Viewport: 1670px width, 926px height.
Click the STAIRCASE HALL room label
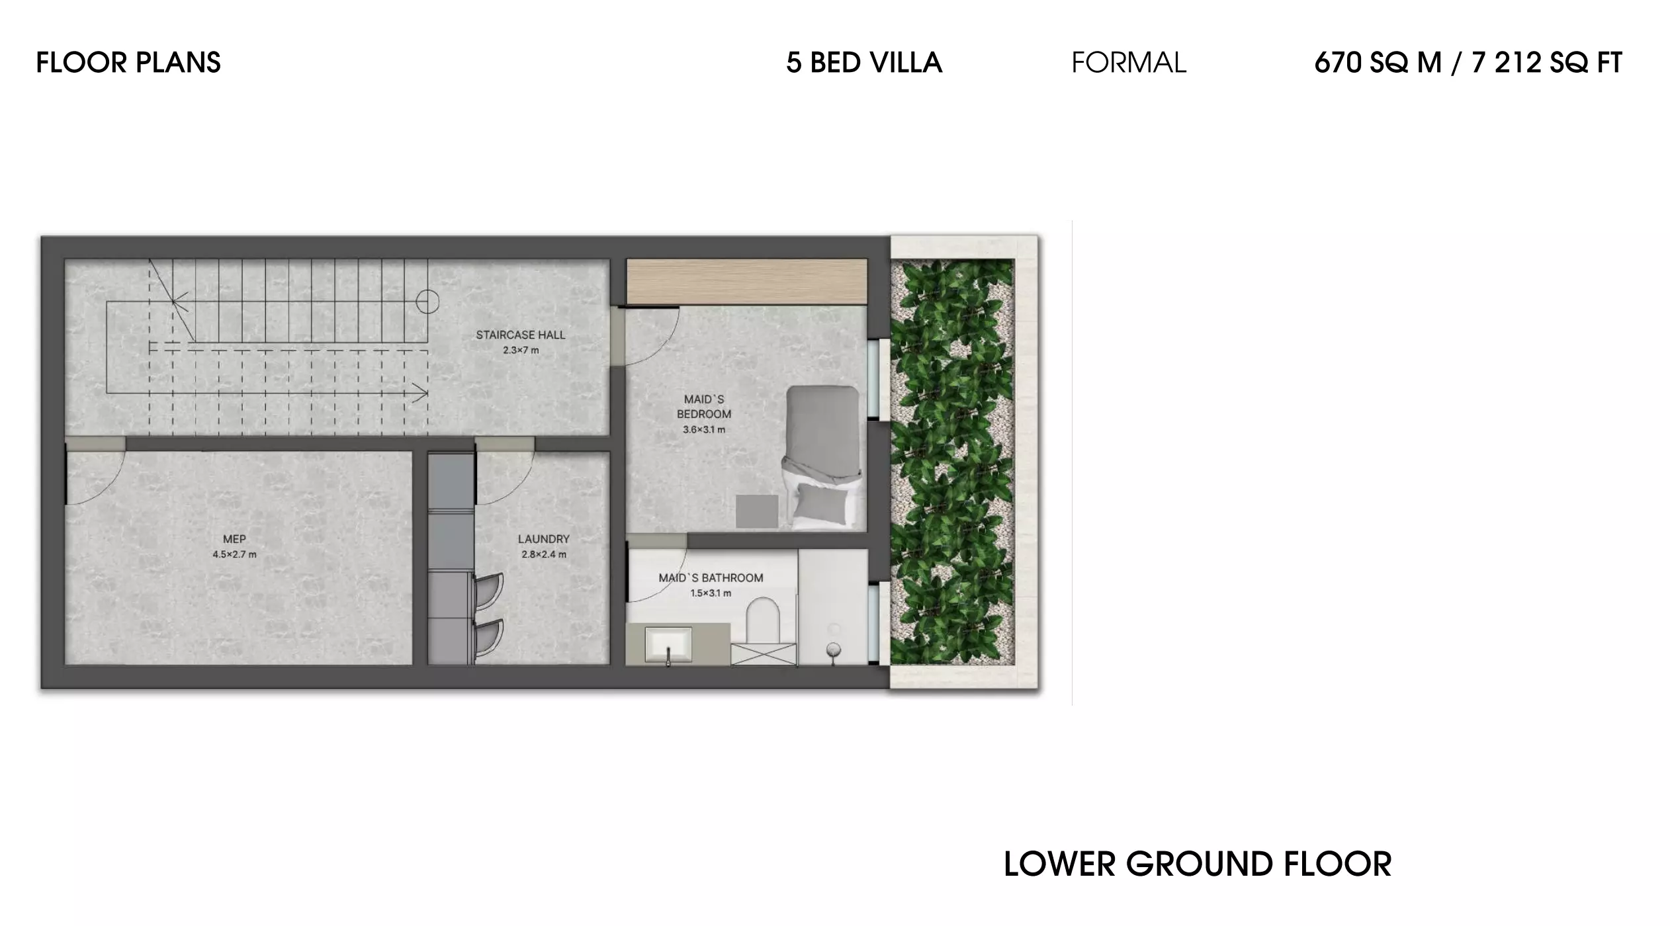[520, 335]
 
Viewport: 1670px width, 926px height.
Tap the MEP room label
[234, 539]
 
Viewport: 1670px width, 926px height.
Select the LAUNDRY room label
[543, 539]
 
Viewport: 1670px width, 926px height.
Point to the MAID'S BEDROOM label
[703, 406]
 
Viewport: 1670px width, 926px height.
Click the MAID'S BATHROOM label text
[711, 577]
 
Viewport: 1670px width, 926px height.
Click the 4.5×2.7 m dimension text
[234, 554]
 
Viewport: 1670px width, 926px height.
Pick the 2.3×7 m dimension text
[520, 350]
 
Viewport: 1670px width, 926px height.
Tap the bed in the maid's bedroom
[822, 456]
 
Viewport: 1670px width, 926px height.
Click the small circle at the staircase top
[427, 302]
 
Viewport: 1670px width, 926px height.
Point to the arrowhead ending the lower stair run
[421, 393]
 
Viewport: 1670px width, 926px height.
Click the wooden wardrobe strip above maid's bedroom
[746, 281]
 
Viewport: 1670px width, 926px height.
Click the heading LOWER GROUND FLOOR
[1197, 864]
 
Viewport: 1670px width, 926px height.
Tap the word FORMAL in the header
[1128, 63]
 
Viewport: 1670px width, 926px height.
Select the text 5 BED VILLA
[863, 63]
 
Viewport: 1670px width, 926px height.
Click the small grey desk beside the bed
[756, 511]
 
